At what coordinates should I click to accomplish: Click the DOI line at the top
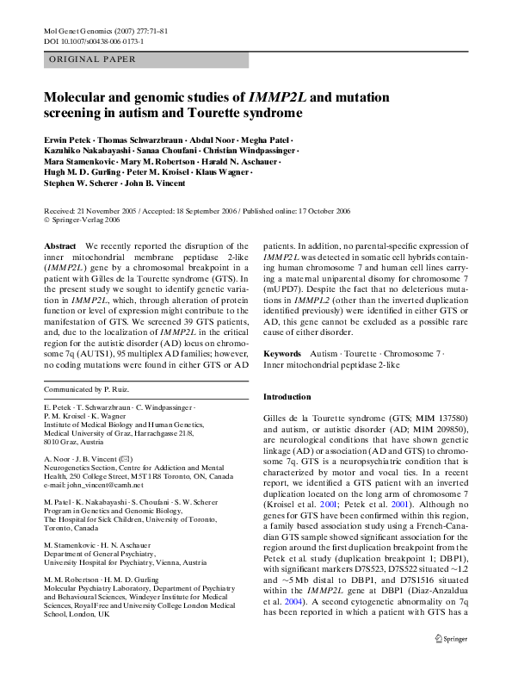coord(93,40)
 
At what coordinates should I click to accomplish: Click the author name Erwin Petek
coord(70,140)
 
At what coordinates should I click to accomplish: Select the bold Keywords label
coord(281,354)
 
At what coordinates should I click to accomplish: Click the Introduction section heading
coord(287,397)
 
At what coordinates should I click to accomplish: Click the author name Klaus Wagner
coord(227,173)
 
